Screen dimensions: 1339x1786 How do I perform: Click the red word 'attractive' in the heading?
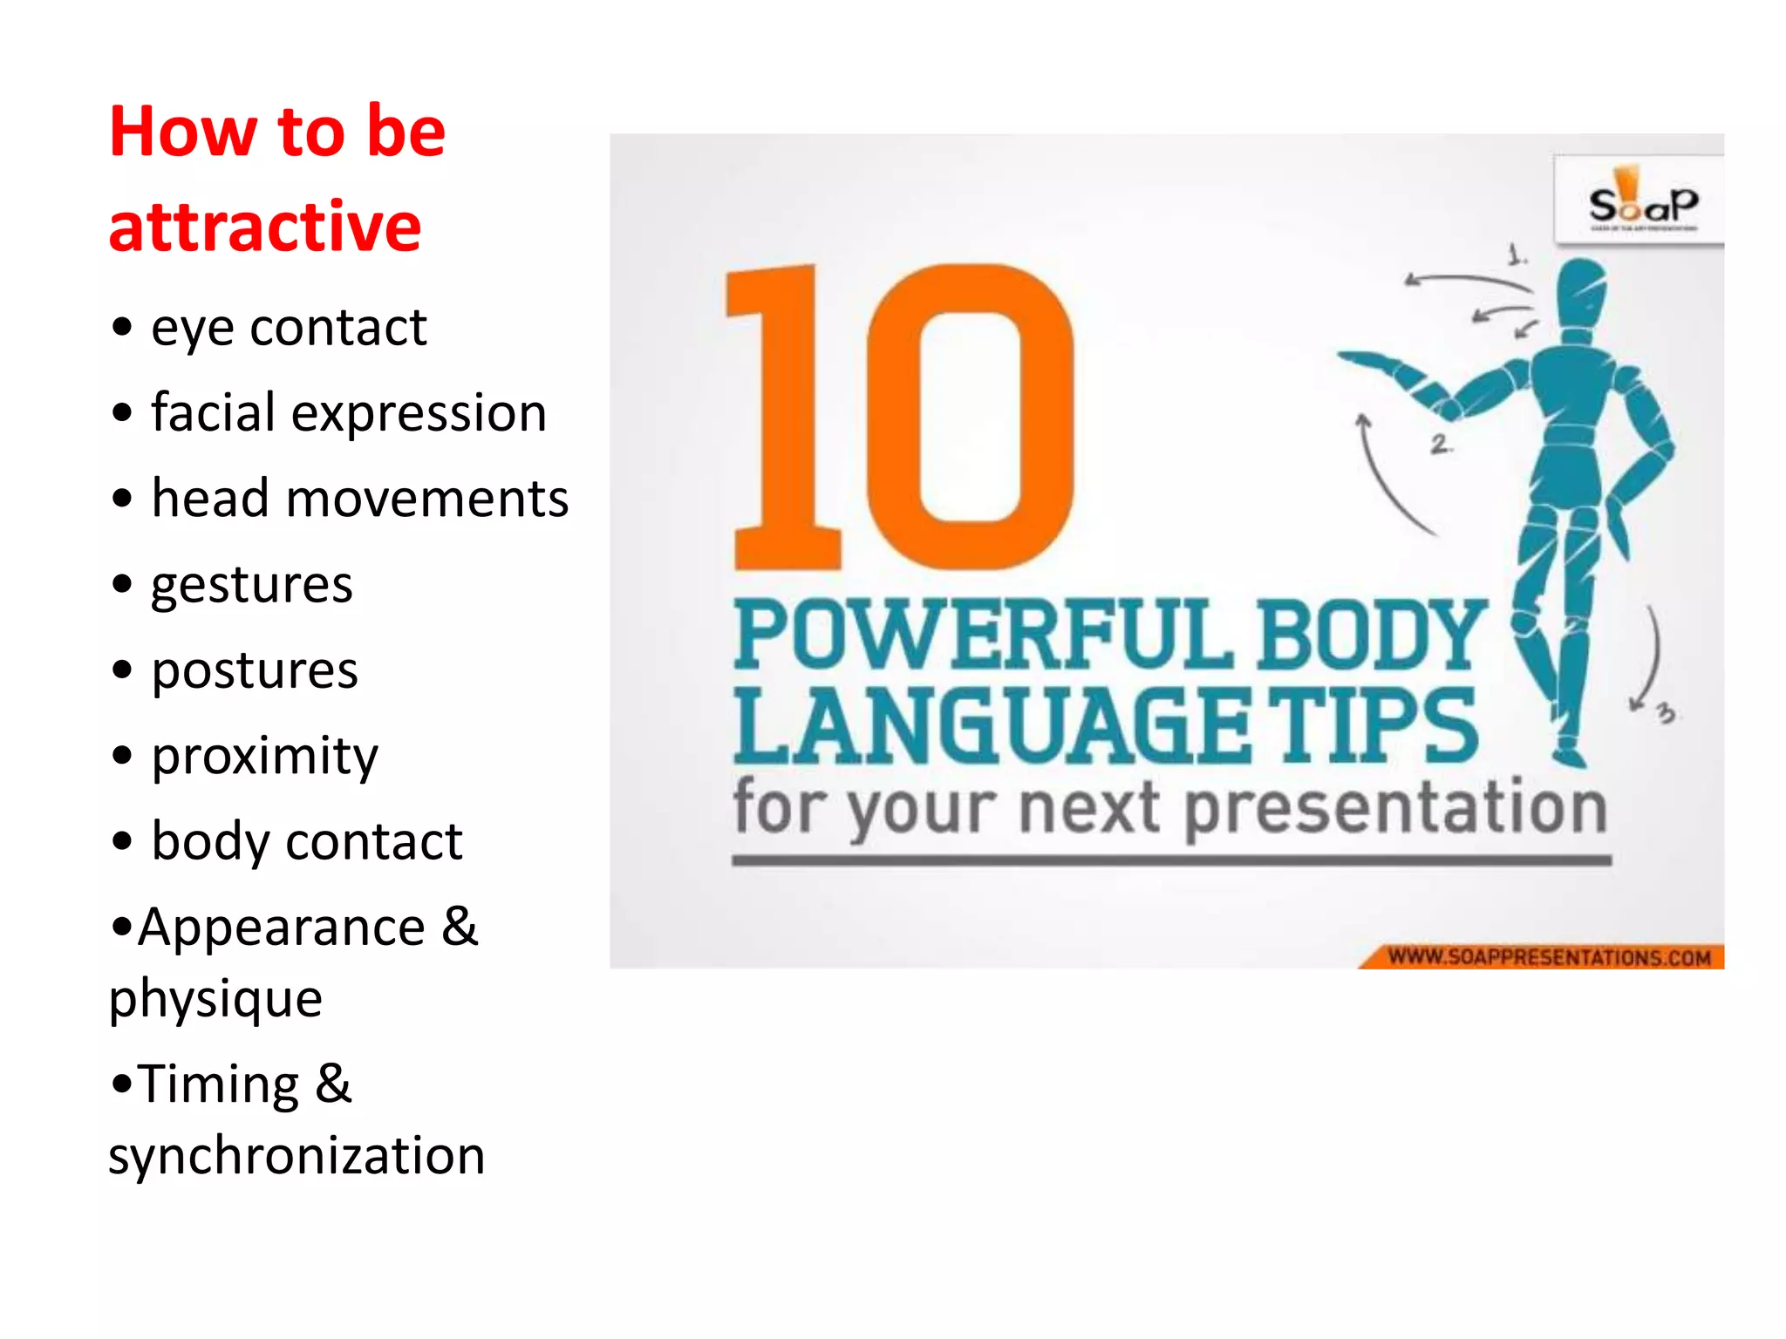[x=265, y=227]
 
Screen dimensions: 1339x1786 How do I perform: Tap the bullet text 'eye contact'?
[x=288, y=329]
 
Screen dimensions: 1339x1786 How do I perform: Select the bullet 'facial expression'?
[x=349, y=412]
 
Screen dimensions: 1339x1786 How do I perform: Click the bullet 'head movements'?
[x=359, y=499]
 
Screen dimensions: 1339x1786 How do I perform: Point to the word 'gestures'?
[x=251, y=585]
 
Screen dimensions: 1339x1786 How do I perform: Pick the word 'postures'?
[x=255, y=670]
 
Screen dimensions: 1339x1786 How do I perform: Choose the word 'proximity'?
[x=265, y=756]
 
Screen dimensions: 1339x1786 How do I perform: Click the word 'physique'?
[x=215, y=998]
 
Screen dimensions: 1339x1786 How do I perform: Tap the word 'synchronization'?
[x=297, y=1156]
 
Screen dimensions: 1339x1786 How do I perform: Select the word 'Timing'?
[x=218, y=1084]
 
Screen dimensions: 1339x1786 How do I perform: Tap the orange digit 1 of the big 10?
[x=785, y=418]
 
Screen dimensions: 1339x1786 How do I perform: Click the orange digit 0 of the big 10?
[x=970, y=417]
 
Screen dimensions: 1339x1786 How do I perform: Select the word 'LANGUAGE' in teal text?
[x=990, y=725]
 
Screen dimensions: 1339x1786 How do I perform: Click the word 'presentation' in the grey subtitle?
[x=1395, y=809]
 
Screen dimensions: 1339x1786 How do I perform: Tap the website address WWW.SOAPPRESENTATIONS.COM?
[x=1548, y=957]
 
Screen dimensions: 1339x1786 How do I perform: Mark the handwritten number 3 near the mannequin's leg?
[x=1666, y=713]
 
